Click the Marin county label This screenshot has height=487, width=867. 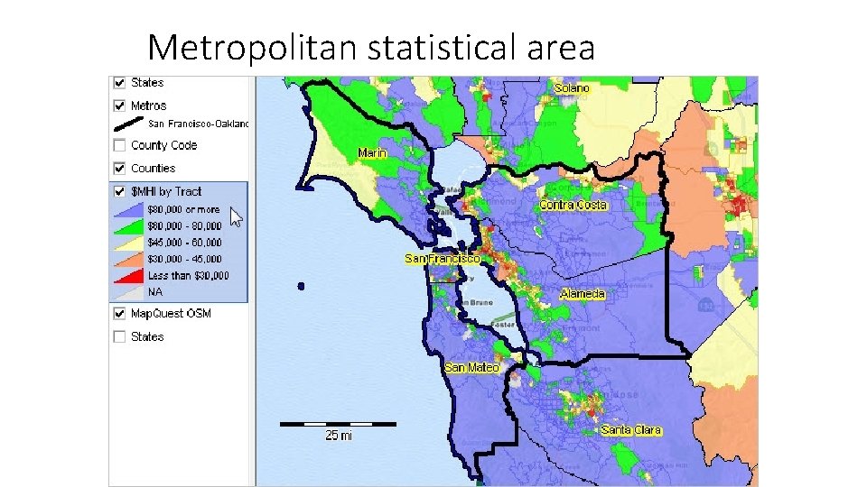372,152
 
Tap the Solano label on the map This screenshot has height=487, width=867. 572,87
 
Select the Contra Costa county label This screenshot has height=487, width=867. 573,205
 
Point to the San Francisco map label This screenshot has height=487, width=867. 443,259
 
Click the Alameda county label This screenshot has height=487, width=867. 583,294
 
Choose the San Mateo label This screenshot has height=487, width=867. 471,367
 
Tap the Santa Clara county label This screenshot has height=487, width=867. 631,430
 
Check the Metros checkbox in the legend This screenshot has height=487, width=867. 119,106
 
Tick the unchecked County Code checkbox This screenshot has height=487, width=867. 119,145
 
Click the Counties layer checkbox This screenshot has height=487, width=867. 119,168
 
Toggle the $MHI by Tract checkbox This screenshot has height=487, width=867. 119,191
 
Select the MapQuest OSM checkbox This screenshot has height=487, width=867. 119,314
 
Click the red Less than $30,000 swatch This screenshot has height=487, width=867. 128,276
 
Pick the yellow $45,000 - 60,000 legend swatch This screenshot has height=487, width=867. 128,243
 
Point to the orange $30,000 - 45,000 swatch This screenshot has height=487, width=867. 128,260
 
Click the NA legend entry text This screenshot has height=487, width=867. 155,292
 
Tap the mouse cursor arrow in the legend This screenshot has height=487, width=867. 236,216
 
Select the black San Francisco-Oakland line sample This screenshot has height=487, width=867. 128,124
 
